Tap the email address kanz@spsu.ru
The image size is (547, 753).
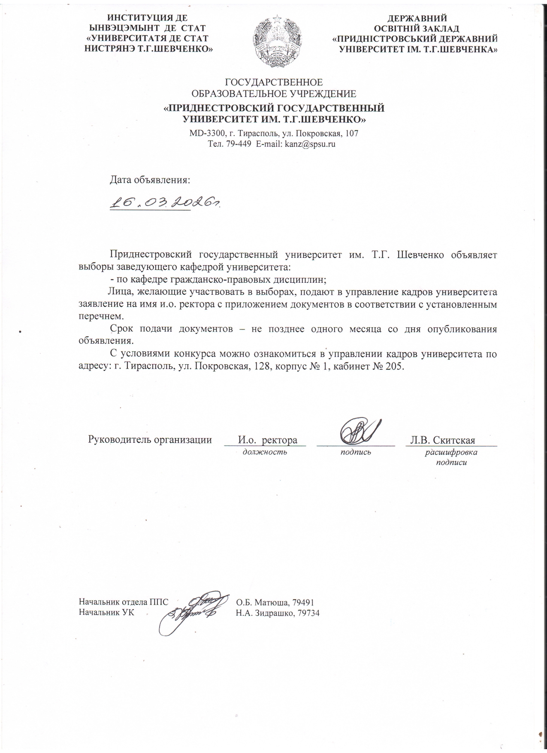point(307,144)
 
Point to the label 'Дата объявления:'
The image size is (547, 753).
point(150,179)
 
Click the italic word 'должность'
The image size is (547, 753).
point(265,452)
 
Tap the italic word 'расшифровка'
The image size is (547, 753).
point(451,452)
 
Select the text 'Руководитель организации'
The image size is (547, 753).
point(150,440)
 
